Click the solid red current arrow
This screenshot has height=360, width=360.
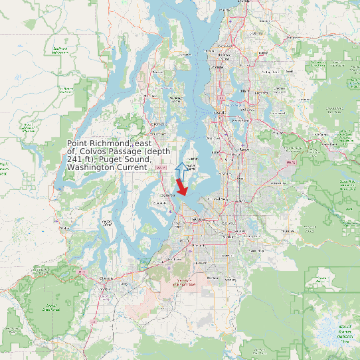coord(181,187)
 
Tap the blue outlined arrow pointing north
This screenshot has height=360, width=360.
coord(179,169)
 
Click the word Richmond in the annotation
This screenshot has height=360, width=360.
coord(112,144)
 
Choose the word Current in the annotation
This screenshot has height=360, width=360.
coord(133,168)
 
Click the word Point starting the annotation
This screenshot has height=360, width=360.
coord(78,144)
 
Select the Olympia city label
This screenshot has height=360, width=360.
coord(103,278)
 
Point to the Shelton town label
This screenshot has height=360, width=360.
coord(64,228)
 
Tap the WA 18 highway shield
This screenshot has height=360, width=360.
coord(290,162)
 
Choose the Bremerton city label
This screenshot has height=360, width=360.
coord(158,124)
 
